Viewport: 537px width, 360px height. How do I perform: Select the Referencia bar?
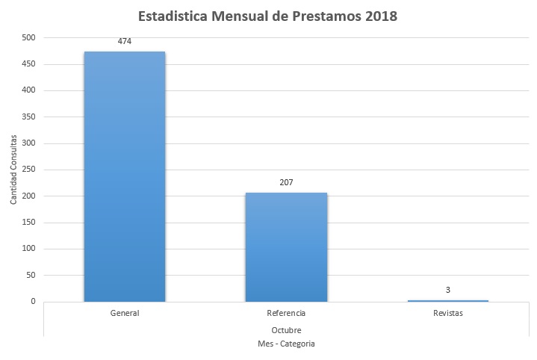pyautogui.click(x=286, y=247)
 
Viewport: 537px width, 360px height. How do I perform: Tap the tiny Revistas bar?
pyautogui.click(x=448, y=301)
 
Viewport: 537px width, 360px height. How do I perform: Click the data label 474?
pyautogui.click(x=125, y=42)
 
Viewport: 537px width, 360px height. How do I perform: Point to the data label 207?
pyautogui.click(x=286, y=182)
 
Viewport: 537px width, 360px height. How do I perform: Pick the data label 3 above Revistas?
pyautogui.click(x=448, y=290)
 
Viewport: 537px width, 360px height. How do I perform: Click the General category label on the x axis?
pyautogui.click(x=125, y=313)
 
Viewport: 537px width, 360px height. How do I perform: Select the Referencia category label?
pyautogui.click(x=286, y=313)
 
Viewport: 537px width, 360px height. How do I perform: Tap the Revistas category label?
pyautogui.click(x=448, y=313)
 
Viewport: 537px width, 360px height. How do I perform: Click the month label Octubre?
pyautogui.click(x=286, y=329)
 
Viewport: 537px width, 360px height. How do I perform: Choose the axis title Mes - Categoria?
pyautogui.click(x=286, y=344)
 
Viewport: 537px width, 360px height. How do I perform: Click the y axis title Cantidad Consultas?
pyautogui.click(x=13, y=170)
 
